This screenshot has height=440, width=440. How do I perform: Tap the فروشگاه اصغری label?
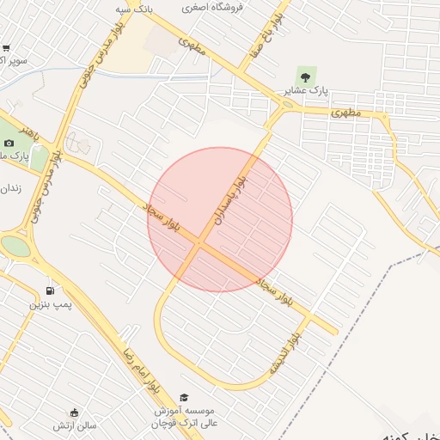[213, 7]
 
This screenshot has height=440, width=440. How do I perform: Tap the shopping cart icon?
[6, 49]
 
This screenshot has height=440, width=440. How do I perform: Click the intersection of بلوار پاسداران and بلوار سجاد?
[200, 246]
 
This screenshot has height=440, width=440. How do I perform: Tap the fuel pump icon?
[50, 290]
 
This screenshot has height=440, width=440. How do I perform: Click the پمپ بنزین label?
[52, 305]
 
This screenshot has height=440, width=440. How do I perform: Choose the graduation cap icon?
[183, 397]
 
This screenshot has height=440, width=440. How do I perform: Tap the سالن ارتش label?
[75, 425]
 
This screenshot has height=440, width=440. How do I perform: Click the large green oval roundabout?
[15, 247]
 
